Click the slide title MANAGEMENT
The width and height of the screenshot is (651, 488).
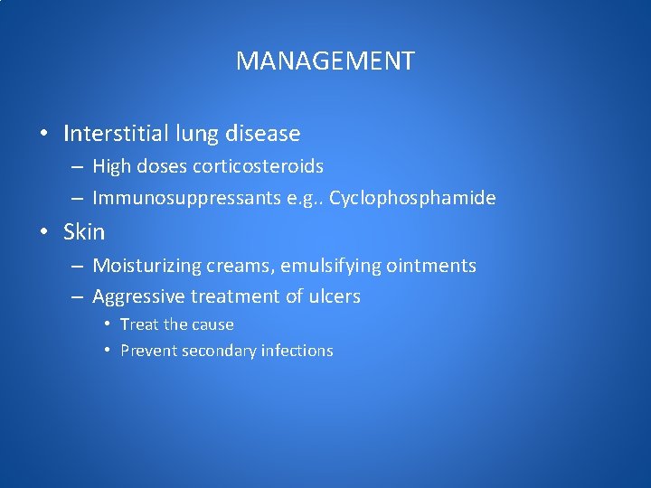(325, 61)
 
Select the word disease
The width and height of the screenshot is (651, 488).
(262, 134)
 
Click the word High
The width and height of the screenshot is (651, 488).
(111, 166)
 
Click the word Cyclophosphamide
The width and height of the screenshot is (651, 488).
(412, 198)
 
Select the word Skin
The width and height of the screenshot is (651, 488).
(84, 232)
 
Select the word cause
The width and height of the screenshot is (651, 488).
(212, 324)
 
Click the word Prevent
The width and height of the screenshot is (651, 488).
(148, 351)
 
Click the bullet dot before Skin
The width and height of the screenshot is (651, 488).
(44, 233)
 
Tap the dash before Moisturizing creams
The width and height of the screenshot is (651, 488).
(76, 267)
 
